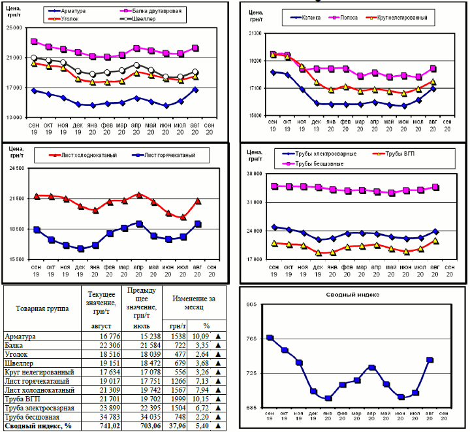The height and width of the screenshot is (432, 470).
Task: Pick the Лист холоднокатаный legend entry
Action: point(86,155)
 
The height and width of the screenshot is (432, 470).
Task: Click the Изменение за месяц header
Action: point(193,303)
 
